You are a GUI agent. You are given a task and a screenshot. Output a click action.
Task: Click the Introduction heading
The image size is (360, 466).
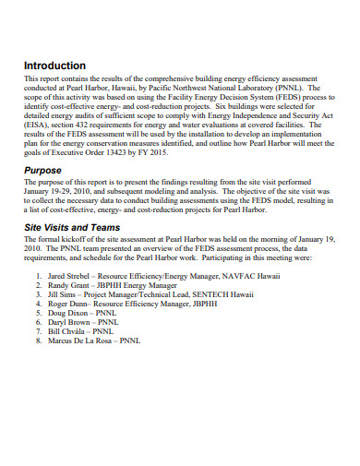click(x=54, y=66)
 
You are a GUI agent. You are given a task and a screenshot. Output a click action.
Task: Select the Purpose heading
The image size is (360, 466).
click(x=44, y=170)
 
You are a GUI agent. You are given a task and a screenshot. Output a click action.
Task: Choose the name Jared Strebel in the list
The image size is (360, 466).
click(x=66, y=275)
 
